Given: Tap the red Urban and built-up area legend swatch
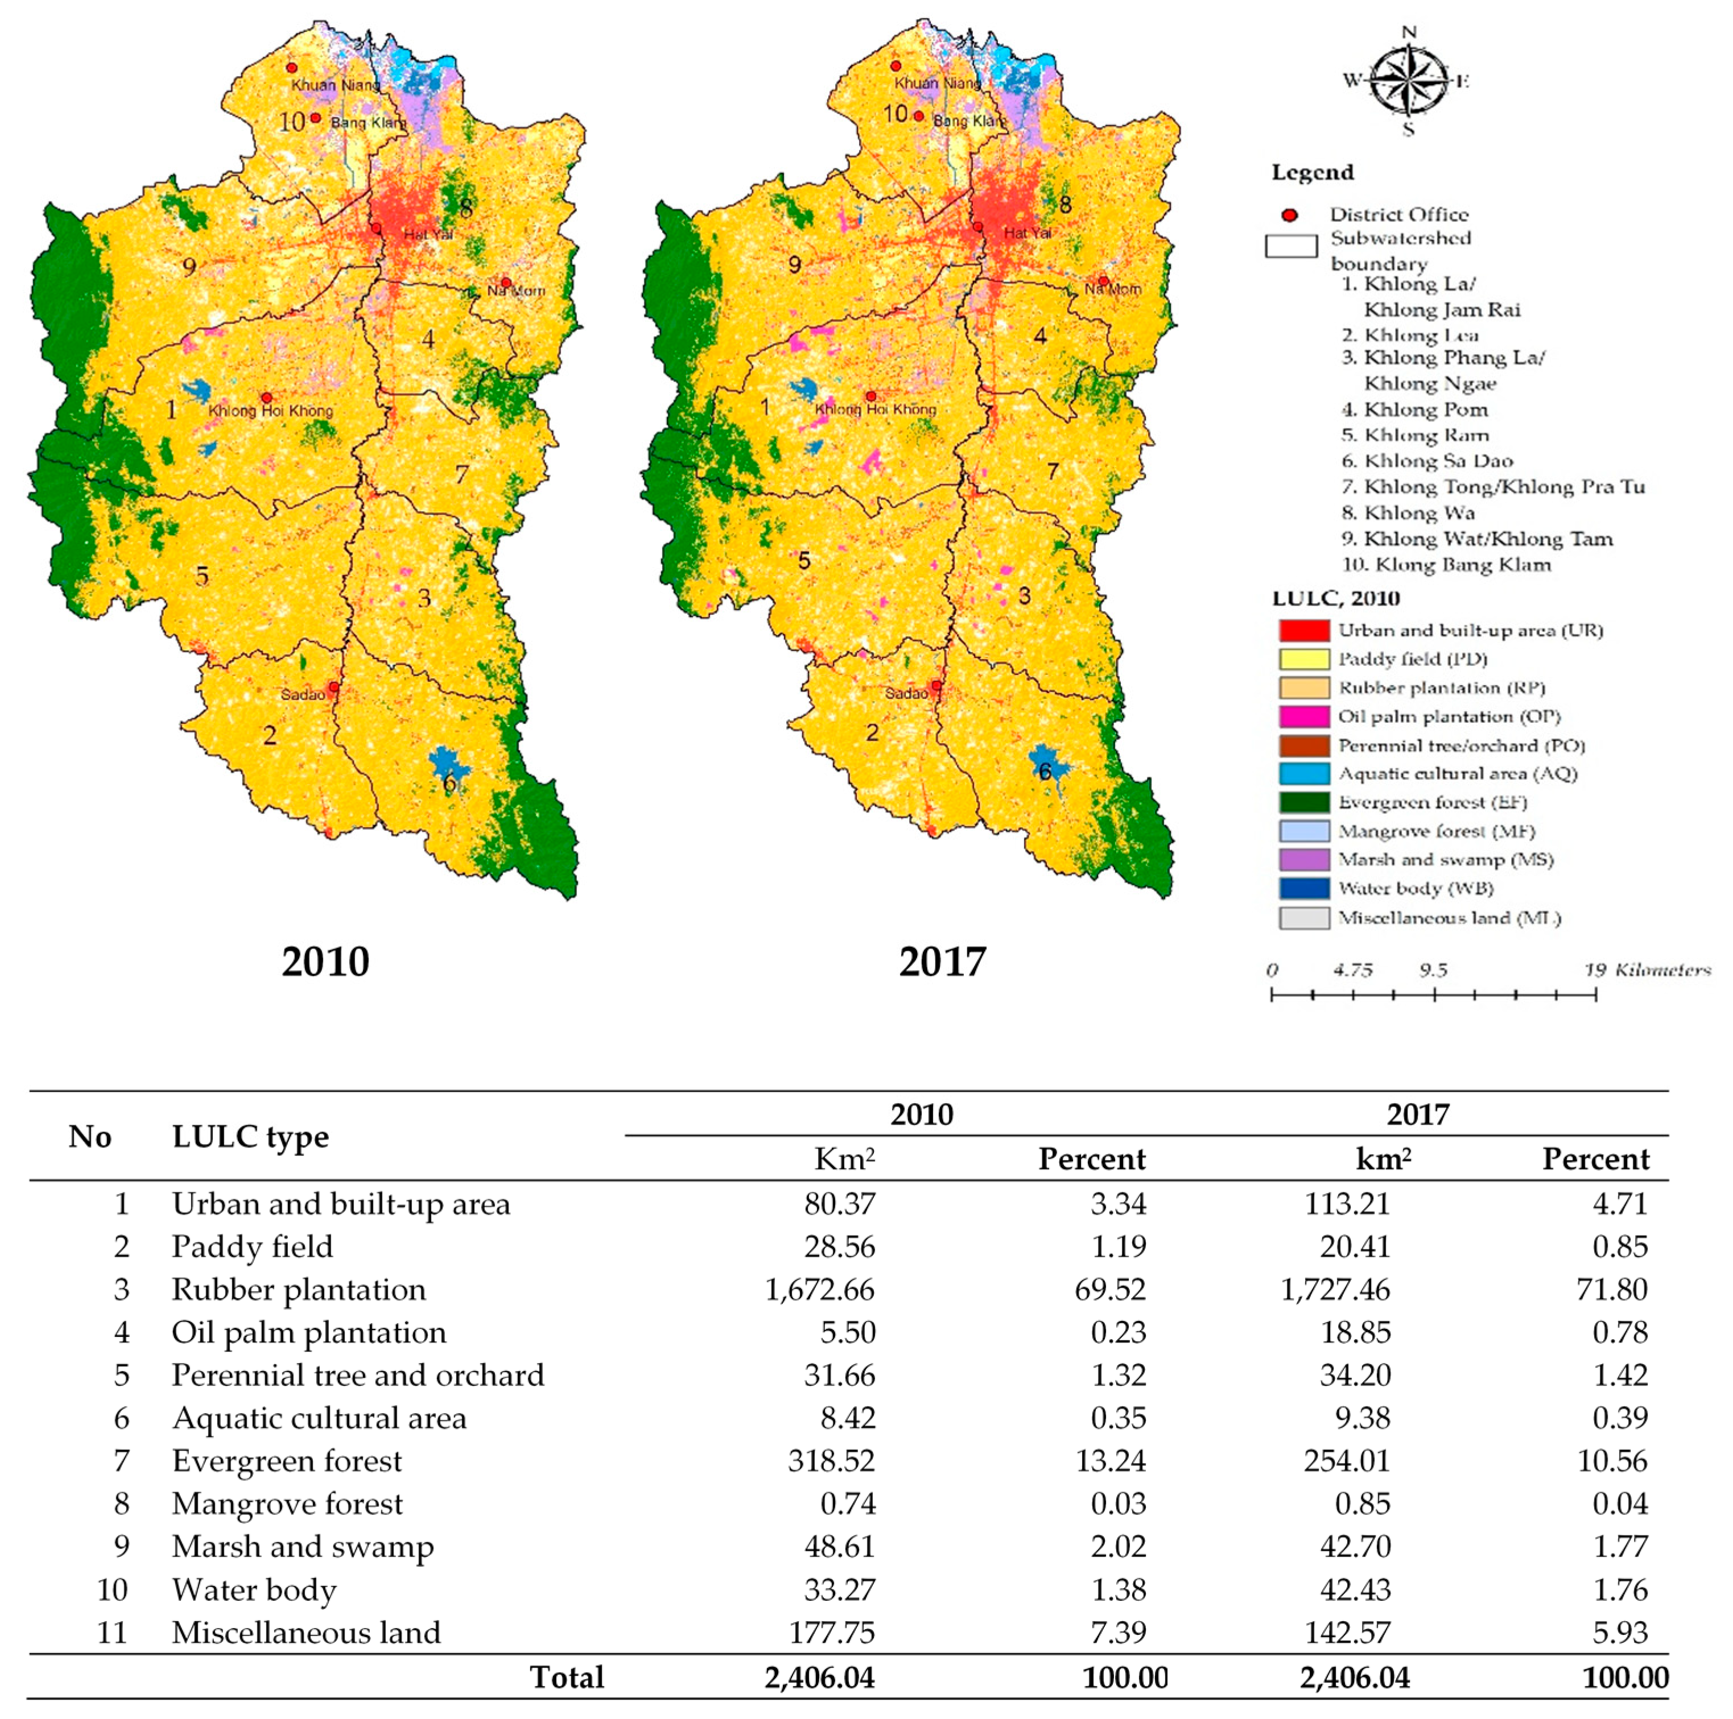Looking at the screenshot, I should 1303,631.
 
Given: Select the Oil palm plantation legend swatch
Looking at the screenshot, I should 1303,716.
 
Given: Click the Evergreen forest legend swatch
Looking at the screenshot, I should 1303,802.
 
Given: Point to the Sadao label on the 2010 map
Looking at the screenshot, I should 302,695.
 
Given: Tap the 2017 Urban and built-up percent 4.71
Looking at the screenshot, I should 1620,1203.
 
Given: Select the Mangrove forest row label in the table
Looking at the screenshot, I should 287,1504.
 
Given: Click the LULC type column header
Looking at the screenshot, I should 250,1137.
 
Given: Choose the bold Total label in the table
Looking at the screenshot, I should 567,1677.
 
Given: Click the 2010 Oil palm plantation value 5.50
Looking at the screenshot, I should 848,1332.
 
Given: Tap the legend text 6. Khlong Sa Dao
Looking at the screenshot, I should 1427,461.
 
